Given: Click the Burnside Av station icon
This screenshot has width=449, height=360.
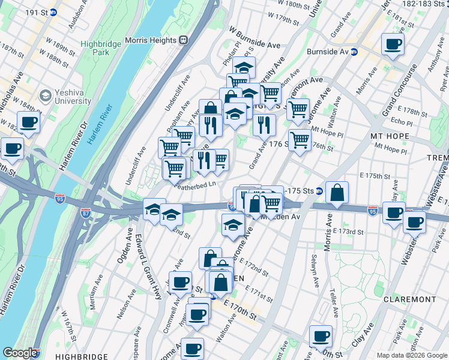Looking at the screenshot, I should click(x=354, y=52).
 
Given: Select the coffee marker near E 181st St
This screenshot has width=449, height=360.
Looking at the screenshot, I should click(x=393, y=44).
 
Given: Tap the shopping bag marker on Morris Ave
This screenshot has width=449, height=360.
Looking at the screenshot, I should click(x=338, y=193).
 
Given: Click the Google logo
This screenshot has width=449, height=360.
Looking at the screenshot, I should click(x=19, y=353).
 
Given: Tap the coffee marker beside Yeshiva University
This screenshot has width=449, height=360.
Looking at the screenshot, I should click(x=28, y=123).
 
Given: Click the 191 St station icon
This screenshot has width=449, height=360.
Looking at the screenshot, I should click(x=53, y=11).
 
